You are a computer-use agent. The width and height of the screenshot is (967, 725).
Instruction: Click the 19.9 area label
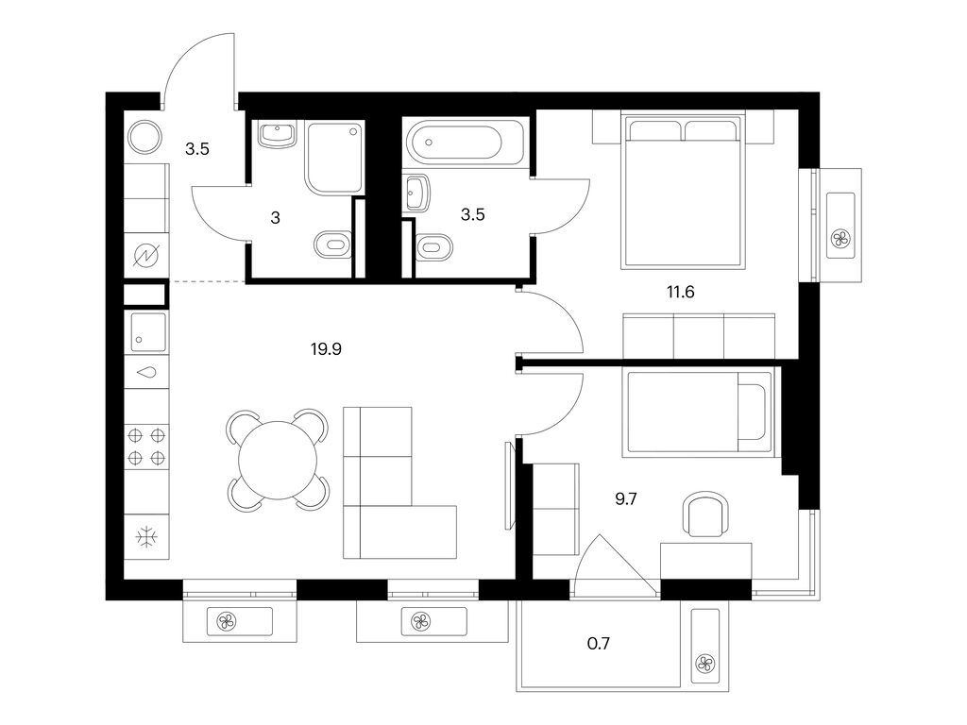point(326,349)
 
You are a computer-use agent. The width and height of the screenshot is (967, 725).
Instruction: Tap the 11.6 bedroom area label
point(680,292)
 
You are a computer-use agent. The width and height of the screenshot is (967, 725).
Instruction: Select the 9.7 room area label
point(625,498)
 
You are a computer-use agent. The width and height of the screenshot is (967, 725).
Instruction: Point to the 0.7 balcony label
point(598,644)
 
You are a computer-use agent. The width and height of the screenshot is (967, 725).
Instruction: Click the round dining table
point(279,461)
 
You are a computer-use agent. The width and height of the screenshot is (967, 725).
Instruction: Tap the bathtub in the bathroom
point(467,143)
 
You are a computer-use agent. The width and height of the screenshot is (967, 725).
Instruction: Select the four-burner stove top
point(146,447)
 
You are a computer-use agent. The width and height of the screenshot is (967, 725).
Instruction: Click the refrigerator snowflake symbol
point(146,537)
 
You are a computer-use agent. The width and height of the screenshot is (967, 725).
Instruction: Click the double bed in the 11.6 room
point(683,191)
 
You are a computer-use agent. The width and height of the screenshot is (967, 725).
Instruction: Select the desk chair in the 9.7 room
point(706,514)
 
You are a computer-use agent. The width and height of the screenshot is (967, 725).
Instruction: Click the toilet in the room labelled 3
point(333,245)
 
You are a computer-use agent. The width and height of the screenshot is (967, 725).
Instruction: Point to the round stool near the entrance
point(144,136)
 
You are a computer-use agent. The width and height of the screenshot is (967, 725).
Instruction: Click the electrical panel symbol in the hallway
point(146,255)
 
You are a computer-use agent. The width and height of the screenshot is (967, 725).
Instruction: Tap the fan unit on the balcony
point(705,646)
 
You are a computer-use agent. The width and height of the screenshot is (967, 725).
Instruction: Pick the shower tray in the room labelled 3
point(335,159)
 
